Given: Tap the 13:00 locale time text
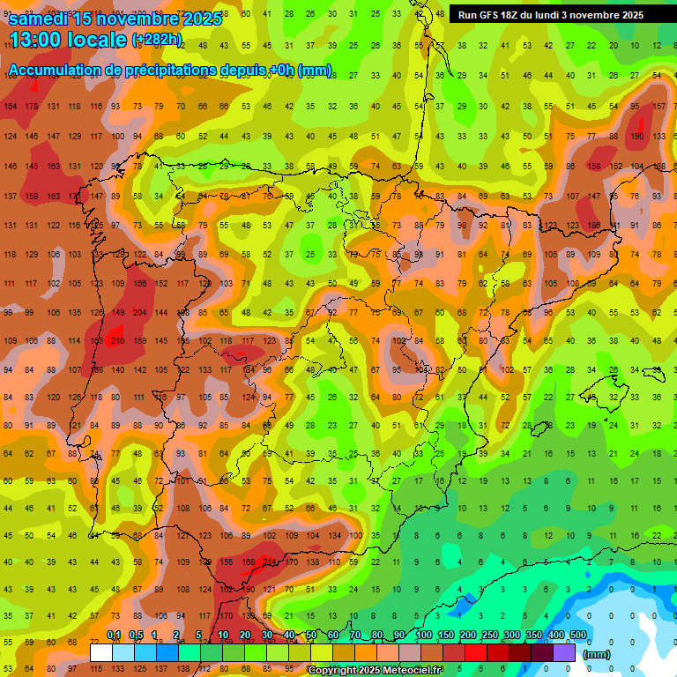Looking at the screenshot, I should [67, 39].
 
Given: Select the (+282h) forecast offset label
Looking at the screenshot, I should [157, 39].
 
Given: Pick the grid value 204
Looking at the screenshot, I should [139, 313].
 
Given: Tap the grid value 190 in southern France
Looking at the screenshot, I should [636, 137].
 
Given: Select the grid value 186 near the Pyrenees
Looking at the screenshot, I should [593, 226].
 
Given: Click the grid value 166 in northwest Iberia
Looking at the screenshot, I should [139, 284].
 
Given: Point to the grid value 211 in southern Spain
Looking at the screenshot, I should [269, 562].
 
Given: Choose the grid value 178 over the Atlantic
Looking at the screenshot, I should [32, 107].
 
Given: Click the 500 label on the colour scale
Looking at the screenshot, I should [578, 636].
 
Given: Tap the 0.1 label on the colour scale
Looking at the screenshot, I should [114, 636].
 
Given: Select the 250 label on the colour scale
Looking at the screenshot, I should [489, 636].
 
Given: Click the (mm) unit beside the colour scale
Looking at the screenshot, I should [597, 654].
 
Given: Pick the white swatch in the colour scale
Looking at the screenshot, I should [101, 652].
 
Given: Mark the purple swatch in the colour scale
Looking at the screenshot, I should [564, 652].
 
